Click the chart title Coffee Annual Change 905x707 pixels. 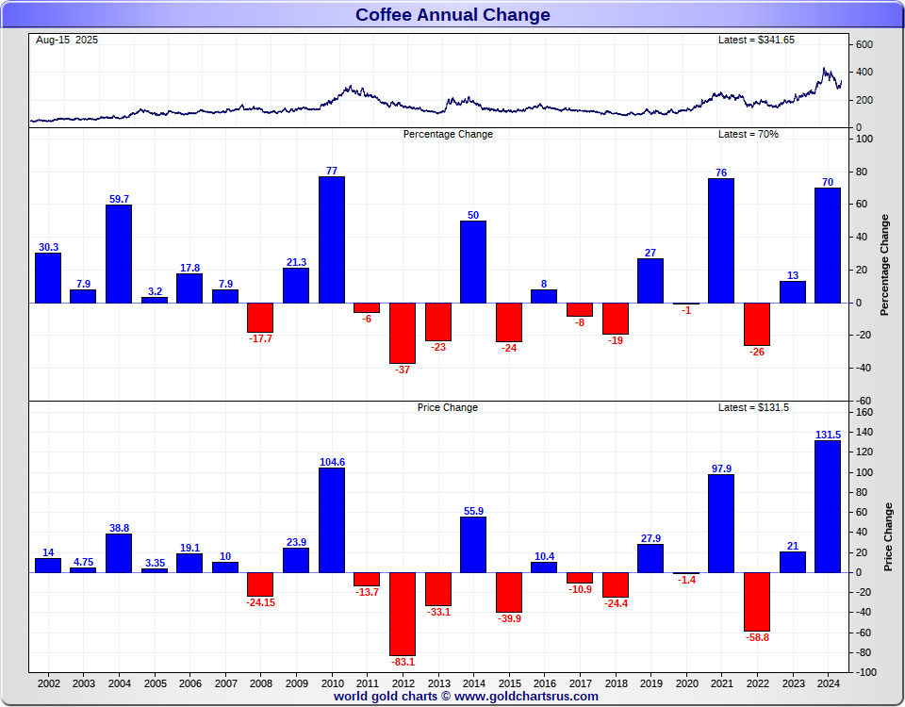click(452, 15)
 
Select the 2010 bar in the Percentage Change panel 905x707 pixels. click(332, 239)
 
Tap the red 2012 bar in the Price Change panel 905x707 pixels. click(403, 614)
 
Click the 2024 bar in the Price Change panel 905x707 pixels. click(828, 506)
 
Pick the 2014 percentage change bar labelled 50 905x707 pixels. click(473, 262)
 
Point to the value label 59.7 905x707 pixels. click(119, 199)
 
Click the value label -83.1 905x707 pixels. click(403, 662)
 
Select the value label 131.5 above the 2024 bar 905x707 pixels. click(828, 435)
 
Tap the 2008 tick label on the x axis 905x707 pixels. click(260, 682)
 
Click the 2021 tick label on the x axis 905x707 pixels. click(721, 682)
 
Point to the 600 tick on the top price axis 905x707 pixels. click(864, 45)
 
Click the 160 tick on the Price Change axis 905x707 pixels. click(864, 412)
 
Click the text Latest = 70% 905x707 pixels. click(749, 134)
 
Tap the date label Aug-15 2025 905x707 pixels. click(66, 40)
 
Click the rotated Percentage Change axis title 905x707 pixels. click(884, 265)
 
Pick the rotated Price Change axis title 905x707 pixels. click(888, 536)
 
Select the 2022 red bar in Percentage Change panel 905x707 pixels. click(757, 324)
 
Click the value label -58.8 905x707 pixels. click(757, 637)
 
